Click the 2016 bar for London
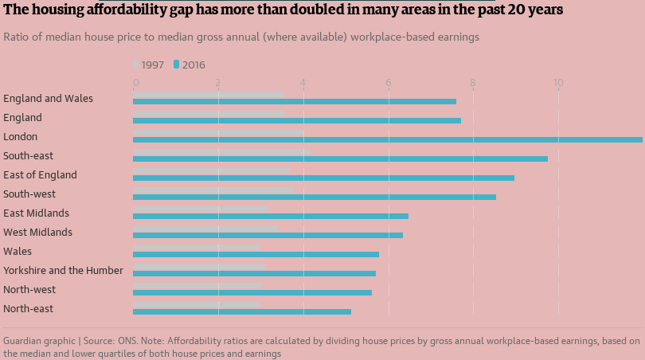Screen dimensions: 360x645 coord(388,139)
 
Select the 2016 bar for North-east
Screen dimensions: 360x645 coord(242,311)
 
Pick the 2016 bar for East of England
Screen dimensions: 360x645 coord(323,178)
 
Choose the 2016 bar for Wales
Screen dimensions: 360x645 coord(256,254)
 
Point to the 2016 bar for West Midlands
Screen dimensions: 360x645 coord(268,235)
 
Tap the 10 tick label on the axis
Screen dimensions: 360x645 coord(558,83)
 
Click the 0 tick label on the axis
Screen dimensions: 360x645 coord(135,83)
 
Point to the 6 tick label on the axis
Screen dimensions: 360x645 coord(389,83)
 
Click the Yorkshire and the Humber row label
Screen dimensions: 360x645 coord(64,270)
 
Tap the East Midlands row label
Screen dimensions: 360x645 coord(36,213)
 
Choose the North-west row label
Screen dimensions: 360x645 coord(29,289)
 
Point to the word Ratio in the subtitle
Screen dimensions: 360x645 coord(16,37)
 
